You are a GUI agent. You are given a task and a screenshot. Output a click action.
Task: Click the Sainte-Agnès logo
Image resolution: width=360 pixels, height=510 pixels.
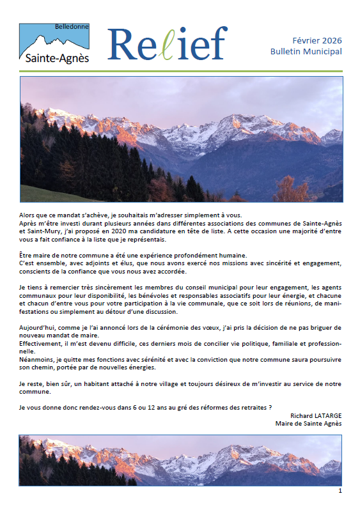[54, 45]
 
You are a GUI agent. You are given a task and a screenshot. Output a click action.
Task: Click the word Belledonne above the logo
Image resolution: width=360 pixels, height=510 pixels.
[72, 27]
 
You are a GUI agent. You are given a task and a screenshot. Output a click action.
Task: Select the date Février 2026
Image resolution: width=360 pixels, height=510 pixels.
[317, 39]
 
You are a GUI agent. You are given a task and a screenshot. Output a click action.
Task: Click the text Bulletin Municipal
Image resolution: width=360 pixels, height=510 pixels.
[306, 51]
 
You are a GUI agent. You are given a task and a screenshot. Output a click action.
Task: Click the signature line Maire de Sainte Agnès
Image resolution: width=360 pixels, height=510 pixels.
[308, 423]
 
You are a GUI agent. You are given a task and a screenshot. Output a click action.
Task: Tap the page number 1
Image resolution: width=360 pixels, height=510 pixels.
[340, 491]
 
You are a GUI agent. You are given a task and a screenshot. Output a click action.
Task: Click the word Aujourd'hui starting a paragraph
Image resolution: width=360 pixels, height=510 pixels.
[38, 327]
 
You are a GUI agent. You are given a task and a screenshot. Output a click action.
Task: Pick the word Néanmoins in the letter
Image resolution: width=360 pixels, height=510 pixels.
[38, 360]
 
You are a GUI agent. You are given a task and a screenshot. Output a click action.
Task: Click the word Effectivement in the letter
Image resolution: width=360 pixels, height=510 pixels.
[42, 343]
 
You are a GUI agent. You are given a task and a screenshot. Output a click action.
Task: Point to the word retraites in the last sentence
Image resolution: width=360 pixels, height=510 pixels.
[253, 407]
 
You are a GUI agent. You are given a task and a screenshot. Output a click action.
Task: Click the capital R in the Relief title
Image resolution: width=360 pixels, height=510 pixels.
[122, 43]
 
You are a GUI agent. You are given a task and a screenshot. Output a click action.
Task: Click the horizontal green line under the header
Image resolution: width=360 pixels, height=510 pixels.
[180, 71]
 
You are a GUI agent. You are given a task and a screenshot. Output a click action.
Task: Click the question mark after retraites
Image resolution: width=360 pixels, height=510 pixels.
[270, 407]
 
